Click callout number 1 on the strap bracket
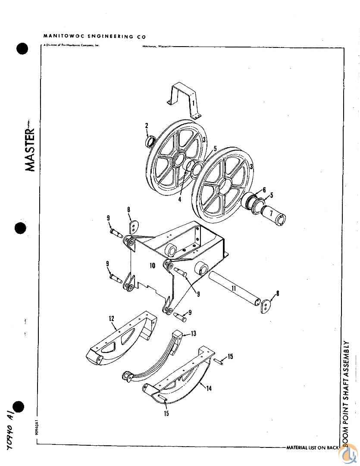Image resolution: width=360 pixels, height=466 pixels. [194, 104]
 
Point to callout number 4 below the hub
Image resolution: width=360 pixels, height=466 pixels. [180, 199]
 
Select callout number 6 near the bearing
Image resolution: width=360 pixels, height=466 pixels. [264, 189]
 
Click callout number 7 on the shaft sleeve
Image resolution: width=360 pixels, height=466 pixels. [272, 212]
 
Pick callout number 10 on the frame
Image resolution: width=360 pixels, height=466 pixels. [152, 266]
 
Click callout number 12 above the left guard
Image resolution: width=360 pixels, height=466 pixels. [111, 319]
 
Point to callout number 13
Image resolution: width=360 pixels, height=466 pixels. [193, 333]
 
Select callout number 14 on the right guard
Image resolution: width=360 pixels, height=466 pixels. [209, 388]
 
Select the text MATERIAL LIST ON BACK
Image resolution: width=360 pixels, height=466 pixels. [313, 447]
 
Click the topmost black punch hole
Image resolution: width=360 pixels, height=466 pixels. [22, 48]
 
